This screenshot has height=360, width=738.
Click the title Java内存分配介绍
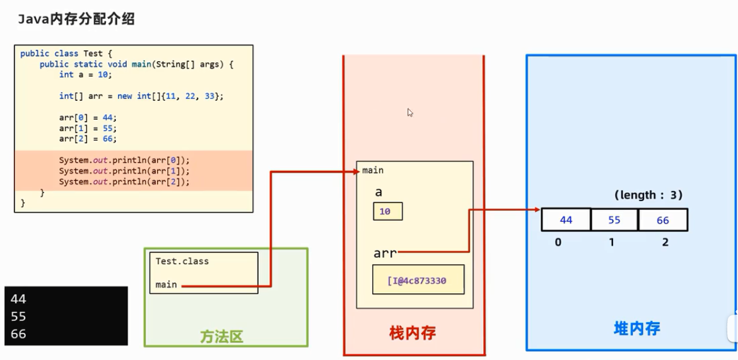coord(76,20)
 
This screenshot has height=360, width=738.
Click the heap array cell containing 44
coord(566,220)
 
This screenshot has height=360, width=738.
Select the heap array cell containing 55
coord(614,220)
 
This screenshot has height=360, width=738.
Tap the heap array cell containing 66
coord(663,220)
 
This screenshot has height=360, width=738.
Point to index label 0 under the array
coord(558,242)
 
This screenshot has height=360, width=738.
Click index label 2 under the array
coord(665,242)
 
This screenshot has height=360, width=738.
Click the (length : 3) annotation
coord(648,195)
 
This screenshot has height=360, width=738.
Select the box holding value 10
coord(388,211)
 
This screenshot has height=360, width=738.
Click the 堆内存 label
coord(637,328)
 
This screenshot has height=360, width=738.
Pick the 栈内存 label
coord(413,333)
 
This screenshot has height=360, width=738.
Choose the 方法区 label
coord(221,337)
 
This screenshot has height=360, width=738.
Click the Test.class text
coord(182,261)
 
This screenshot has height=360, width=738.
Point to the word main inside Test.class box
coord(166,285)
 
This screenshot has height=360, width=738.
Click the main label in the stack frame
coord(373,170)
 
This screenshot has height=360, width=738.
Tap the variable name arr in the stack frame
coord(385,253)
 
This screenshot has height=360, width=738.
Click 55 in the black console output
coord(18,316)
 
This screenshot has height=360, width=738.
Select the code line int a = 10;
coord(86,74)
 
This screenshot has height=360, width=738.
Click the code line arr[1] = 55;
coord(88,128)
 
